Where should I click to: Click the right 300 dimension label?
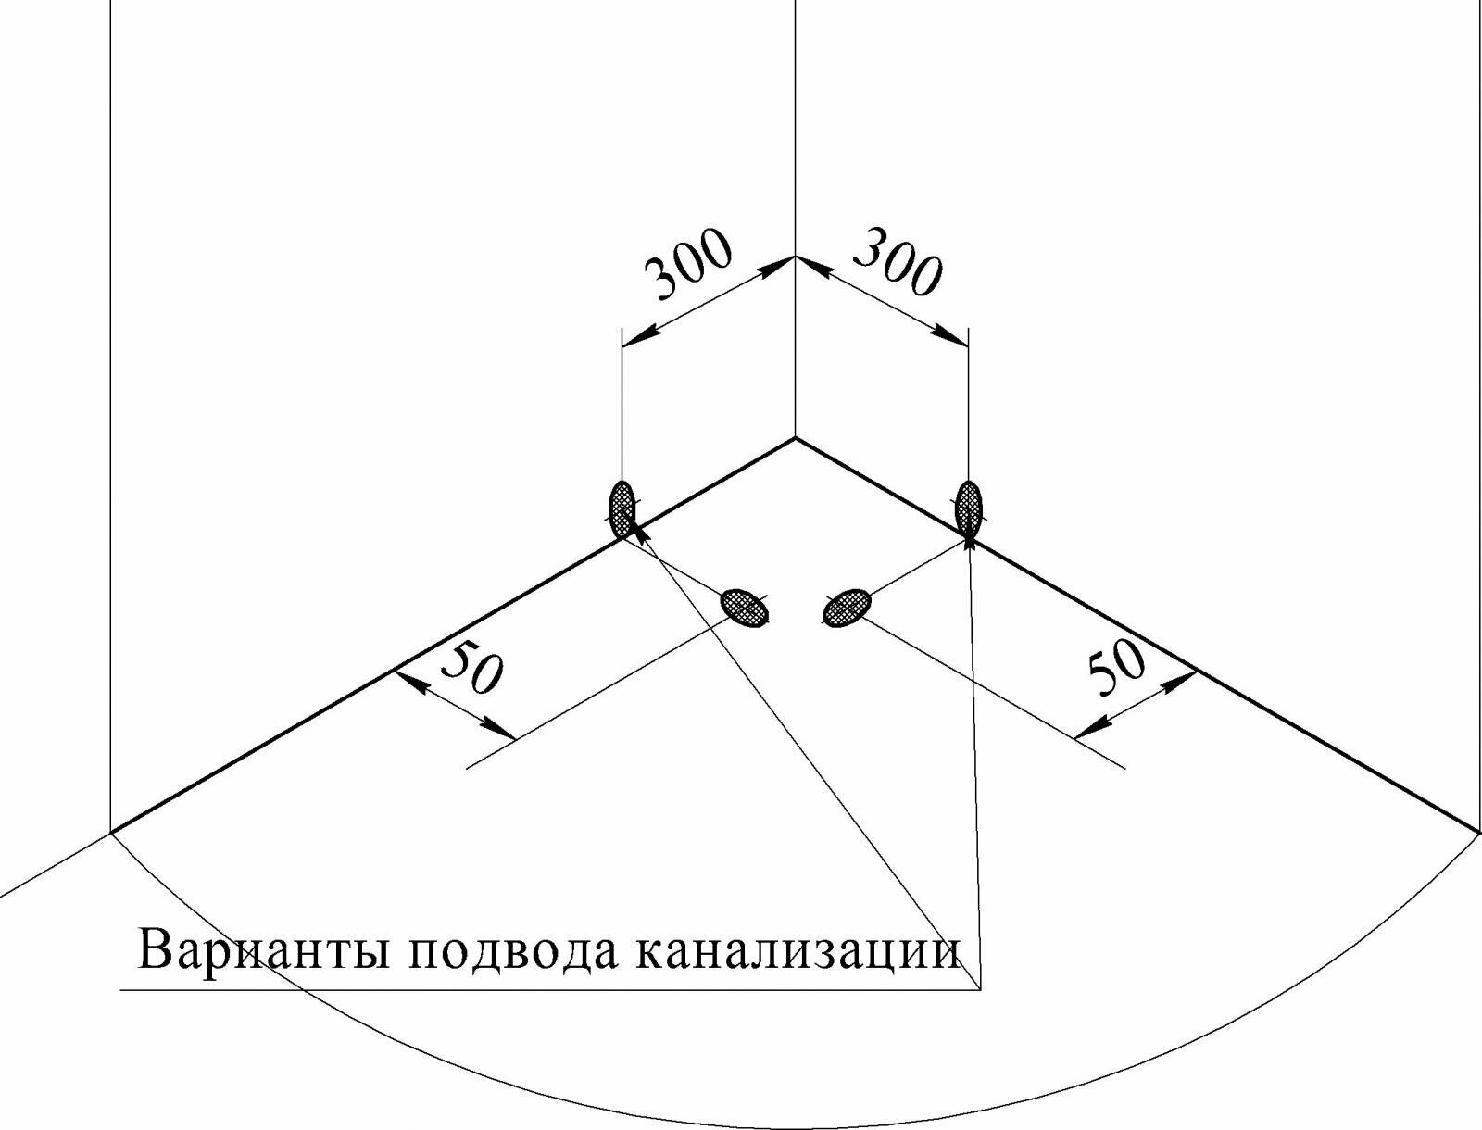tap(897, 264)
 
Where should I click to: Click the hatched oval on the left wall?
tap(622, 507)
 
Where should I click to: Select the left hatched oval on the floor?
tap(746, 609)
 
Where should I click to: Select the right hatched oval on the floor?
tap(847, 609)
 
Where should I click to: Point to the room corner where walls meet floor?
tap(795, 437)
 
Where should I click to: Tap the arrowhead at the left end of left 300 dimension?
tap(635, 339)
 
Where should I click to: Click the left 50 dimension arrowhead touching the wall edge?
tap(408, 681)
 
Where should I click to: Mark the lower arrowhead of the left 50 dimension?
tap(504, 733)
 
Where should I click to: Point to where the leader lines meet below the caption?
tap(980, 989)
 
